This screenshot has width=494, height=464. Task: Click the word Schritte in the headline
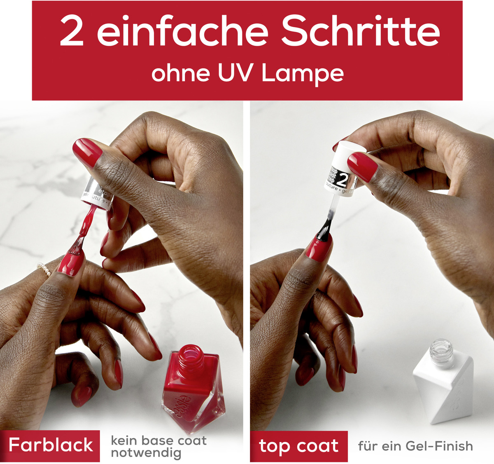pos(361,32)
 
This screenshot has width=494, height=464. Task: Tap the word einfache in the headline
pos(183,32)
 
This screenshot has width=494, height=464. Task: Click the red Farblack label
pos(51,445)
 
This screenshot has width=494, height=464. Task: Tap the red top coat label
pos(299,446)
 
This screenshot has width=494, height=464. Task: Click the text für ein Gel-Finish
pos(415,446)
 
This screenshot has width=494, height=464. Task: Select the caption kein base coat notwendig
pos(158,447)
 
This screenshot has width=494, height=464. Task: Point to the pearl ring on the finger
pos(44,269)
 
